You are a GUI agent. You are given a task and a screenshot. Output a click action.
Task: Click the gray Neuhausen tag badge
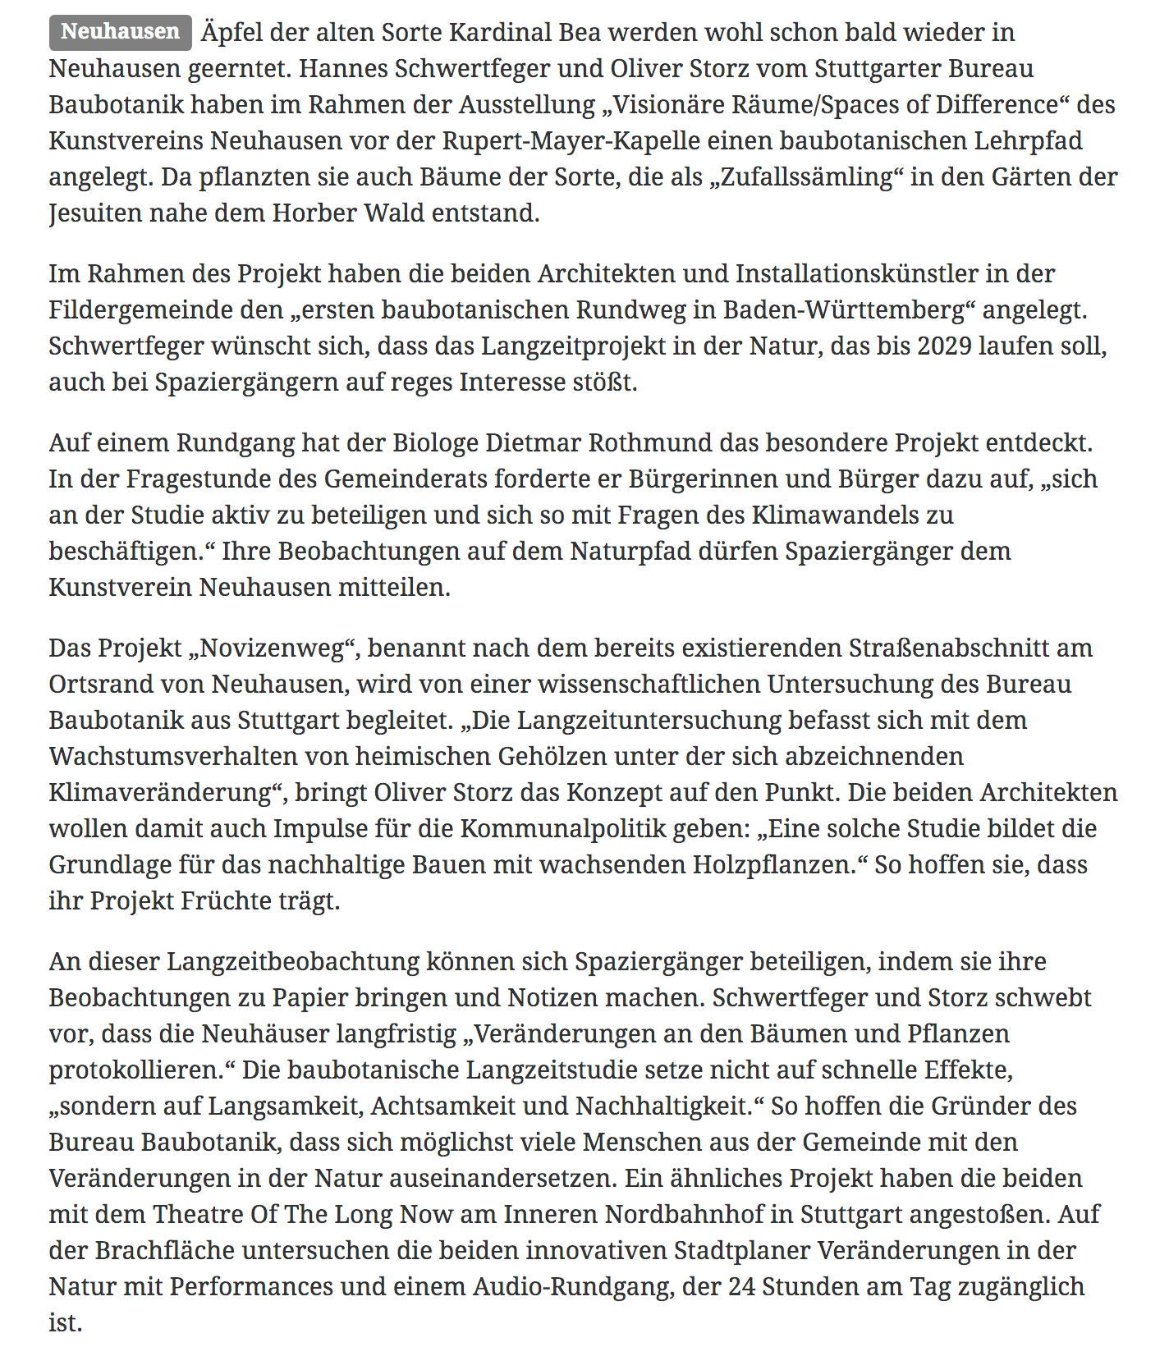(x=120, y=32)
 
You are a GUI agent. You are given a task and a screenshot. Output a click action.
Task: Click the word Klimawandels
(x=852, y=515)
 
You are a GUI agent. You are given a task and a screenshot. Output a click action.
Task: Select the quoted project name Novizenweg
(x=274, y=648)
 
